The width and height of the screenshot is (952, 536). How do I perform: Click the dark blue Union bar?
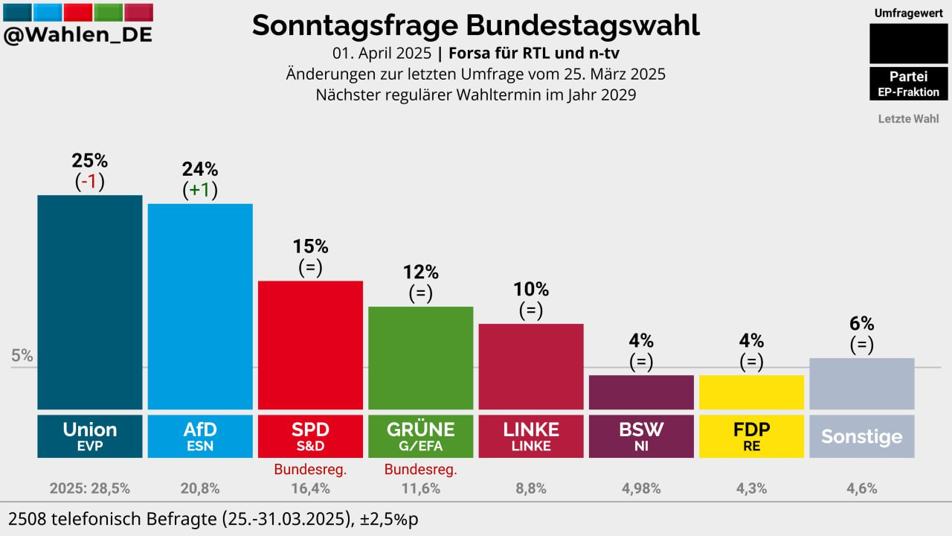pos(89,301)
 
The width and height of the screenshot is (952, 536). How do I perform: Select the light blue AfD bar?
pos(200,306)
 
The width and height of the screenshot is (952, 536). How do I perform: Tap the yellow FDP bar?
pos(751,392)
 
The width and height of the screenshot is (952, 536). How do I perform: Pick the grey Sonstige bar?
pos(861,383)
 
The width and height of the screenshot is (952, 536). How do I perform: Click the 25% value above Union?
pos(90,160)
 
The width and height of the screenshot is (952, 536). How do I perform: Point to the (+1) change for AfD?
pos(200,190)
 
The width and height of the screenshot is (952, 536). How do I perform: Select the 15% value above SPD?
pos(310,246)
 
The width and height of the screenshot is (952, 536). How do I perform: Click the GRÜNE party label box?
pos(420,436)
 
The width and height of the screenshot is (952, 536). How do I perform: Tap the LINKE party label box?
pos(531,436)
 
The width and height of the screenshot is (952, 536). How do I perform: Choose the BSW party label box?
pos(641,436)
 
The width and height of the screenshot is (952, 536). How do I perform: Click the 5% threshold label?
pos(22,356)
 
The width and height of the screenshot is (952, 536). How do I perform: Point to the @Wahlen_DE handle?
pos(77,35)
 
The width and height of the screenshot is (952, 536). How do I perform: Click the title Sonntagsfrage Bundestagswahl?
pos(475,25)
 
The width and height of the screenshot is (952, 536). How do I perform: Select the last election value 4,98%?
pos(641,488)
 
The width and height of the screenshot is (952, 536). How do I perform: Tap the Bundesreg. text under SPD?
pos(310,470)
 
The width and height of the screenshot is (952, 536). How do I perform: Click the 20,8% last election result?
pos(200,488)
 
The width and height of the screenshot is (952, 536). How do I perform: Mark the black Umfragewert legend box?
pos(908,43)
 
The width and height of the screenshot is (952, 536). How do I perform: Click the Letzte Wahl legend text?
pos(908,118)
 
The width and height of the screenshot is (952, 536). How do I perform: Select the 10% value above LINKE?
pos(531,289)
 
